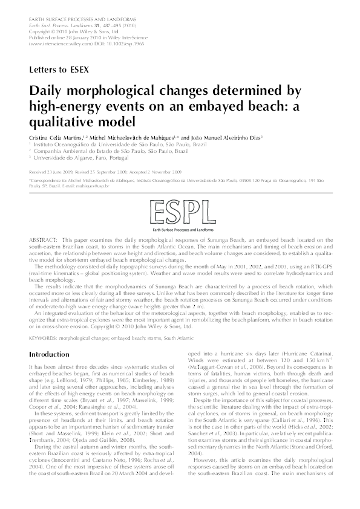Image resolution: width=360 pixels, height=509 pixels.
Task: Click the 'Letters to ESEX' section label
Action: [x=59, y=69]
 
